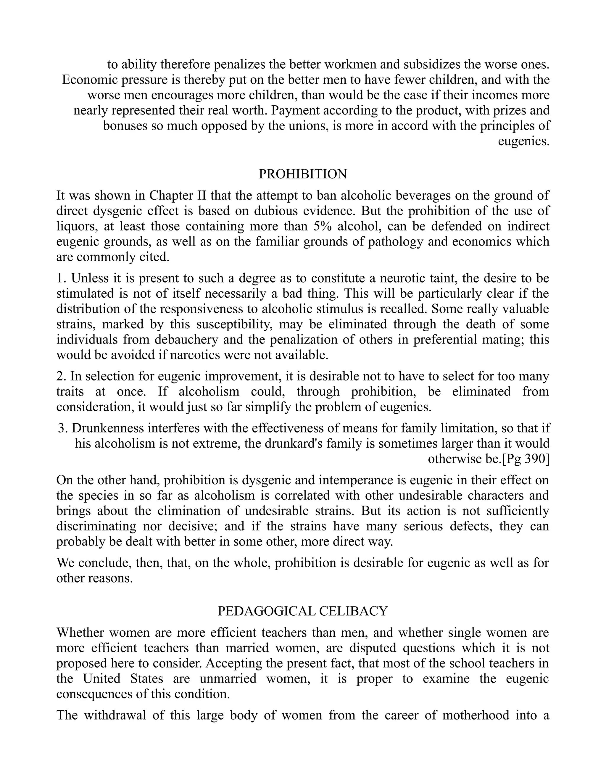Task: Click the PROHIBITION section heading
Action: click(303, 174)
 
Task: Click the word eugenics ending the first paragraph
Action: click(523, 141)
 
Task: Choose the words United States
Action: click(123, 678)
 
